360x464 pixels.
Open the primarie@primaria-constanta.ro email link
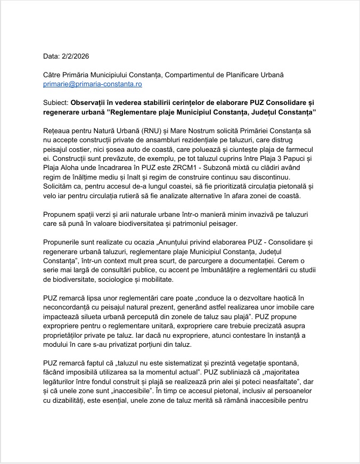pyautogui.click(x=92, y=84)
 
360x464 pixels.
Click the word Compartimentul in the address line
pyautogui.click(x=195, y=75)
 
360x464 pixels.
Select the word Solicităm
pyautogui.click(x=61, y=186)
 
